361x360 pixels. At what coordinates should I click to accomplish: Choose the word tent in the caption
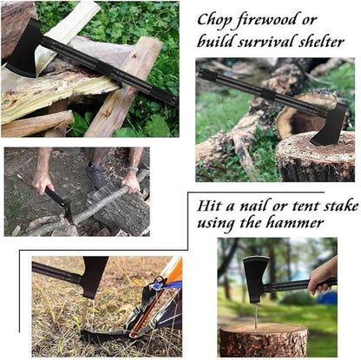[x=305, y=206]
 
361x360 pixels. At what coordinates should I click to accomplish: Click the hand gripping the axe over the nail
[x=322, y=276]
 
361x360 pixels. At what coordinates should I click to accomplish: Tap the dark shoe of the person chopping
[x=98, y=177]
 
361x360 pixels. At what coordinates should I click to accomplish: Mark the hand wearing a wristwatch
[x=132, y=180]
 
